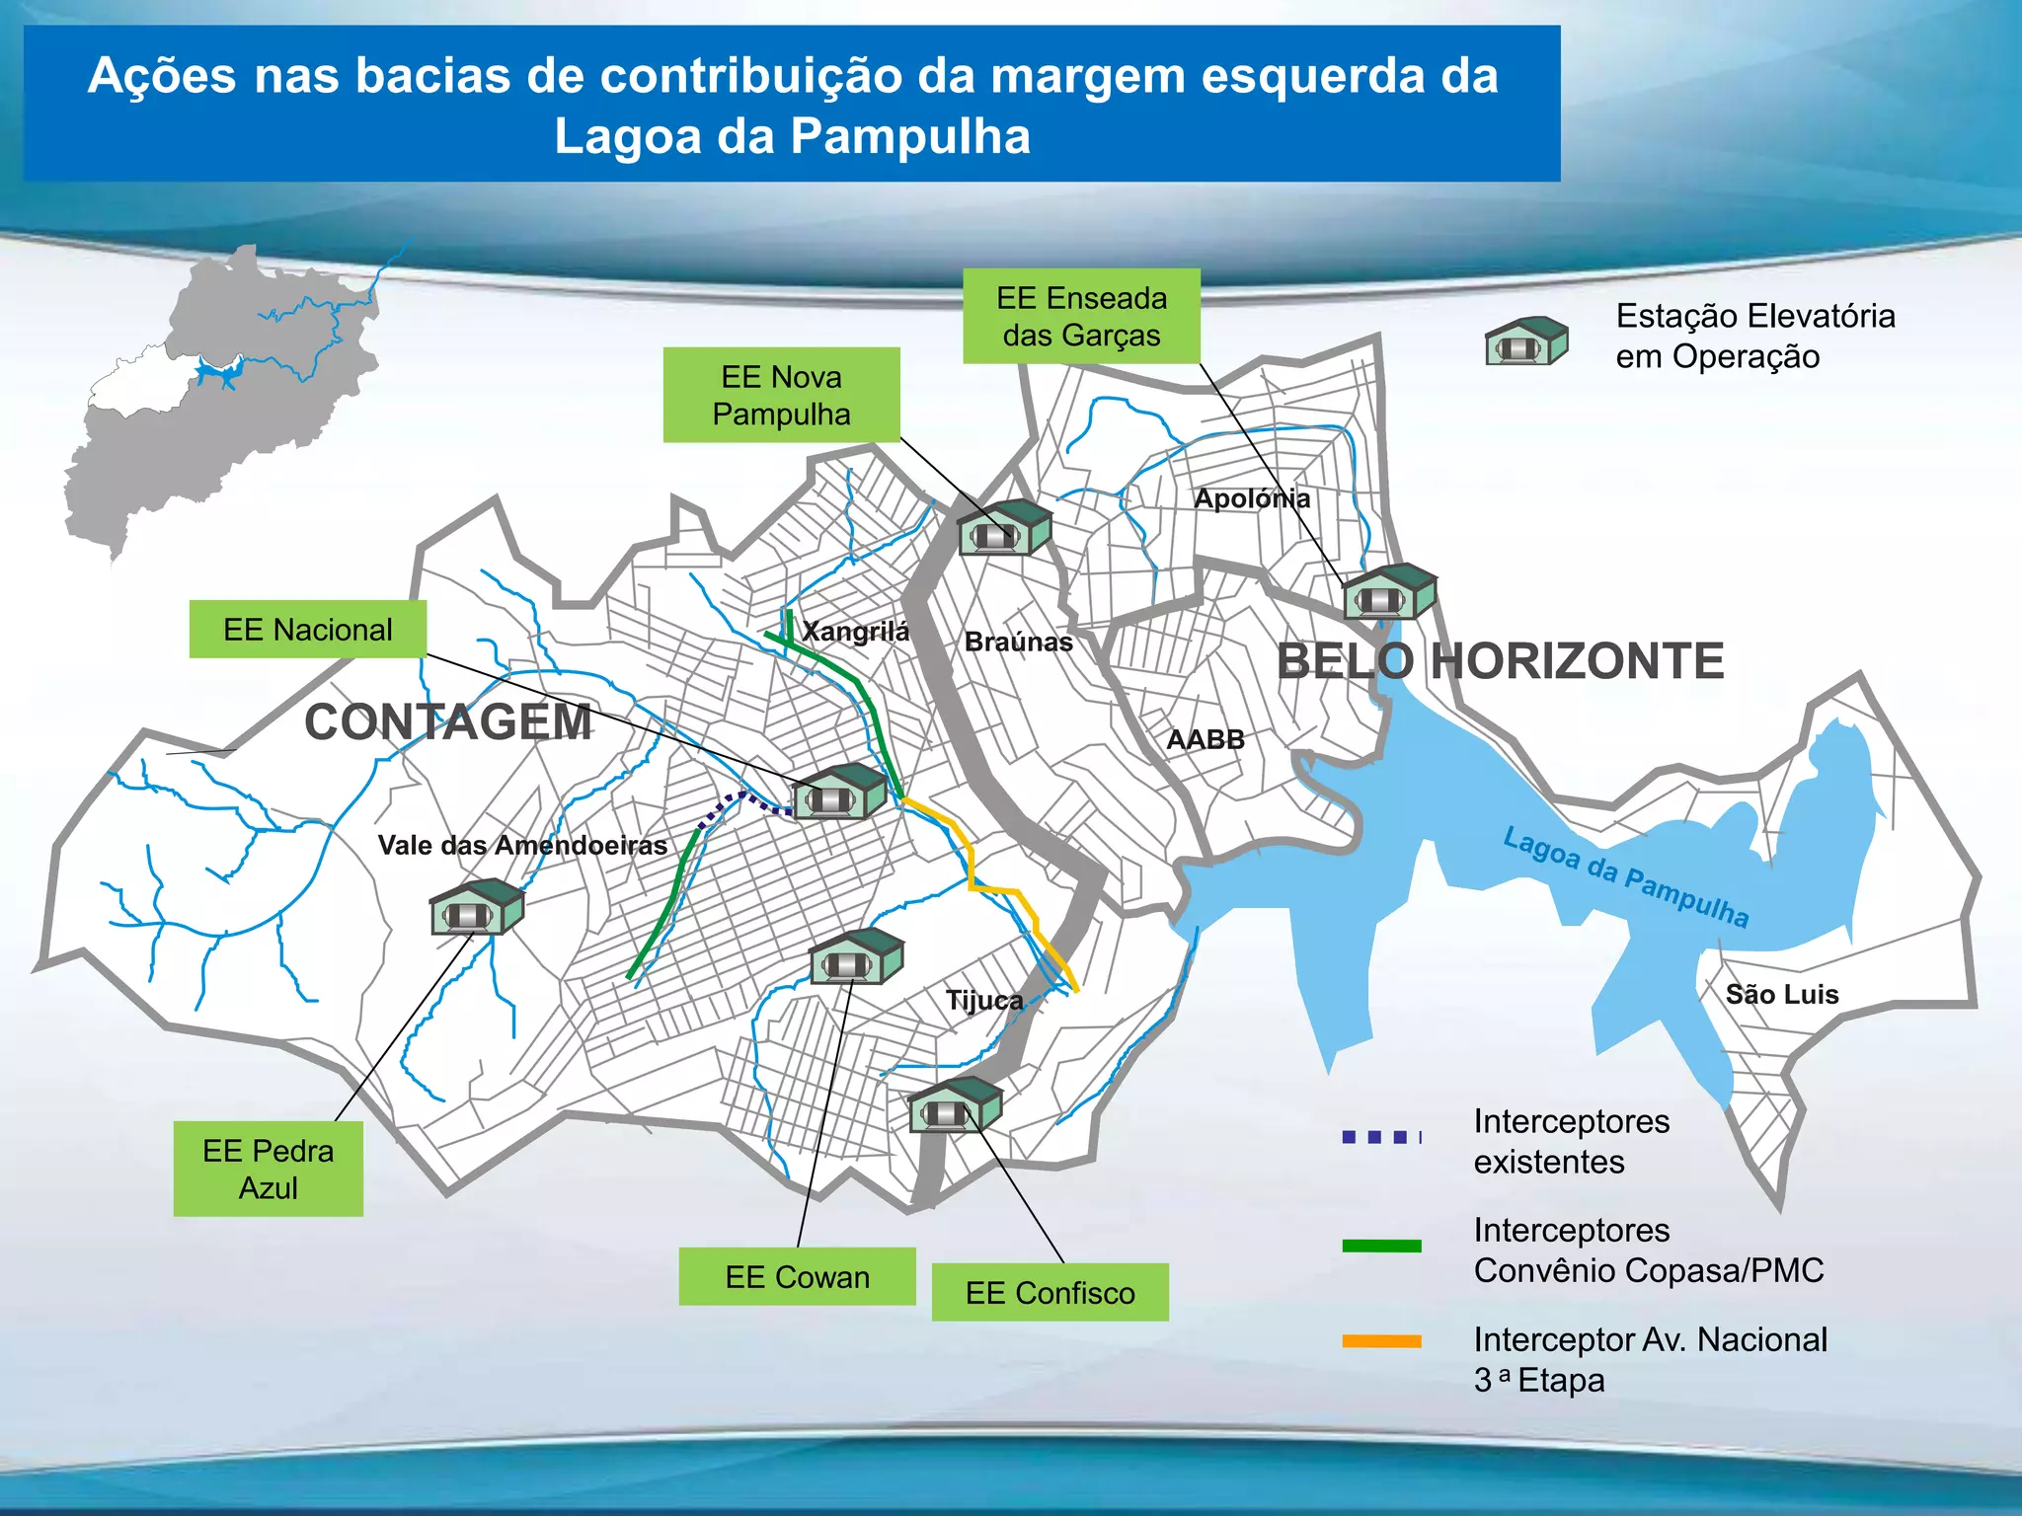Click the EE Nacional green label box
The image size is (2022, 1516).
307,630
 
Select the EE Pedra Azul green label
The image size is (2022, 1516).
268,1169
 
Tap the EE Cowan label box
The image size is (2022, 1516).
797,1276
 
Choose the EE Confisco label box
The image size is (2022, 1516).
1050,1292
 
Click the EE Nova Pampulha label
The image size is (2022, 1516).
781,395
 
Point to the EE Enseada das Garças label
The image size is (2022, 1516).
1081,316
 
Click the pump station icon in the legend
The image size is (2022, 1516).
1525,341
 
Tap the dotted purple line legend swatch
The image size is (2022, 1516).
1381,1137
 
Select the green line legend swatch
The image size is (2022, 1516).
1381,1246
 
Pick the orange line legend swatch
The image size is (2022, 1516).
1381,1341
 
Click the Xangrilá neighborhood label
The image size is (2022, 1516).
855,631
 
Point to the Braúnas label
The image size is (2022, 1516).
1018,642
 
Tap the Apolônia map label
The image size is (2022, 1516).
1252,498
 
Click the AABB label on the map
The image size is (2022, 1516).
1205,739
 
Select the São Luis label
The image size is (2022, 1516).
1782,994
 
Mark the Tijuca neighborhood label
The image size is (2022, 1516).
984,1000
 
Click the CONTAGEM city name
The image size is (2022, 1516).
448,721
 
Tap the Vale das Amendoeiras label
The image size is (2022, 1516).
522,845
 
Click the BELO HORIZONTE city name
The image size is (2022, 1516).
1500,660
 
